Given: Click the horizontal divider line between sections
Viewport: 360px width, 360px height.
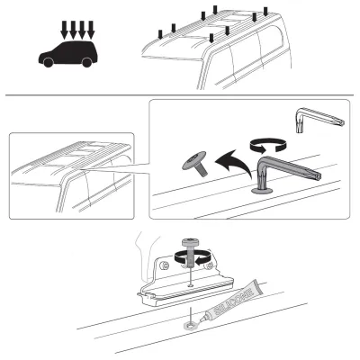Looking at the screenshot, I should pos(180,95).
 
